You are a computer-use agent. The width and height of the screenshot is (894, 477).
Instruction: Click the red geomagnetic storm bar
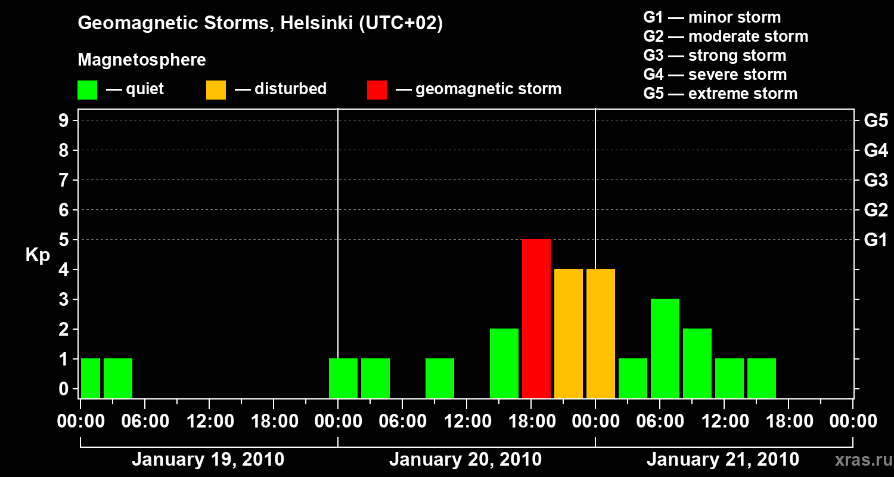click(536, 318)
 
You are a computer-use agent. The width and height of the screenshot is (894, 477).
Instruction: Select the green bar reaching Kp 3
click(665, 348)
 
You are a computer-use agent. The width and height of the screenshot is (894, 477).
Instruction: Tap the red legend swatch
click(377, 89)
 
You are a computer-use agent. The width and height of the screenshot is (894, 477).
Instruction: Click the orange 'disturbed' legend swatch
click(216, 89)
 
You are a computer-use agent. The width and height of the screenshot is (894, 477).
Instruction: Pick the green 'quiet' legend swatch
click(87, 89)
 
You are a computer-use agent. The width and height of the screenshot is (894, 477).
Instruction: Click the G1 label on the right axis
click(876, 240)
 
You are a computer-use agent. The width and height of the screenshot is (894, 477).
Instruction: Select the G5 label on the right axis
click(876, 120)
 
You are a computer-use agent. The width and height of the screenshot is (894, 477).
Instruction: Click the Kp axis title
click(38, 255)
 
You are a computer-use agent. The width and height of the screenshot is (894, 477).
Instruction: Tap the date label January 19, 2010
click(207, 460)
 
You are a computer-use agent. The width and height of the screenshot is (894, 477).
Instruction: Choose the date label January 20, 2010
click(465, 460)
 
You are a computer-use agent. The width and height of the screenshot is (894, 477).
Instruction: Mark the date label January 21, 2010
click(722, 460)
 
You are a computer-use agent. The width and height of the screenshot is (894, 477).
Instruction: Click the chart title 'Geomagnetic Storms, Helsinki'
click(260, 23)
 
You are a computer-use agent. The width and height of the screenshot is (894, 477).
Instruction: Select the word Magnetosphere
click(142, 60)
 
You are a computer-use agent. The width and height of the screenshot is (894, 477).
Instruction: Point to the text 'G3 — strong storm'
click(715, 55)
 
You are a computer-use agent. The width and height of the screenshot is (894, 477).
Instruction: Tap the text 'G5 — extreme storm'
click(720, 94)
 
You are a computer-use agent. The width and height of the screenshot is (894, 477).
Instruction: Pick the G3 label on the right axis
click(876, 180)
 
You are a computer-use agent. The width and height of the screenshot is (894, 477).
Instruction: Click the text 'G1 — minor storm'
click(712, 17)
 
